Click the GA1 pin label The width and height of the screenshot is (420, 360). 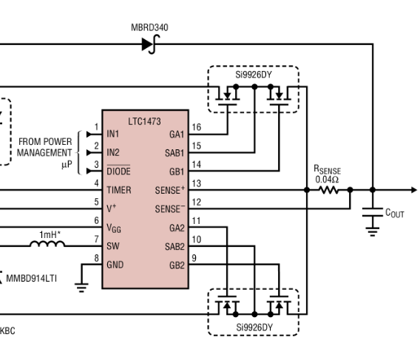pyautogui.click(x=176, y=135)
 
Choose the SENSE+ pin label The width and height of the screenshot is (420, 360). pyautogui.click(x=170, y=189)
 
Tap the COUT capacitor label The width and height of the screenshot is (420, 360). pyautogui.click(x=395, y=213)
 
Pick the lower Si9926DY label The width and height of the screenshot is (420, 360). pyautogui.click(x=253, y=327)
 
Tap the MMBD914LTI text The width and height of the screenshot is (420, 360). pyautogui.click(x=35, y=279)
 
